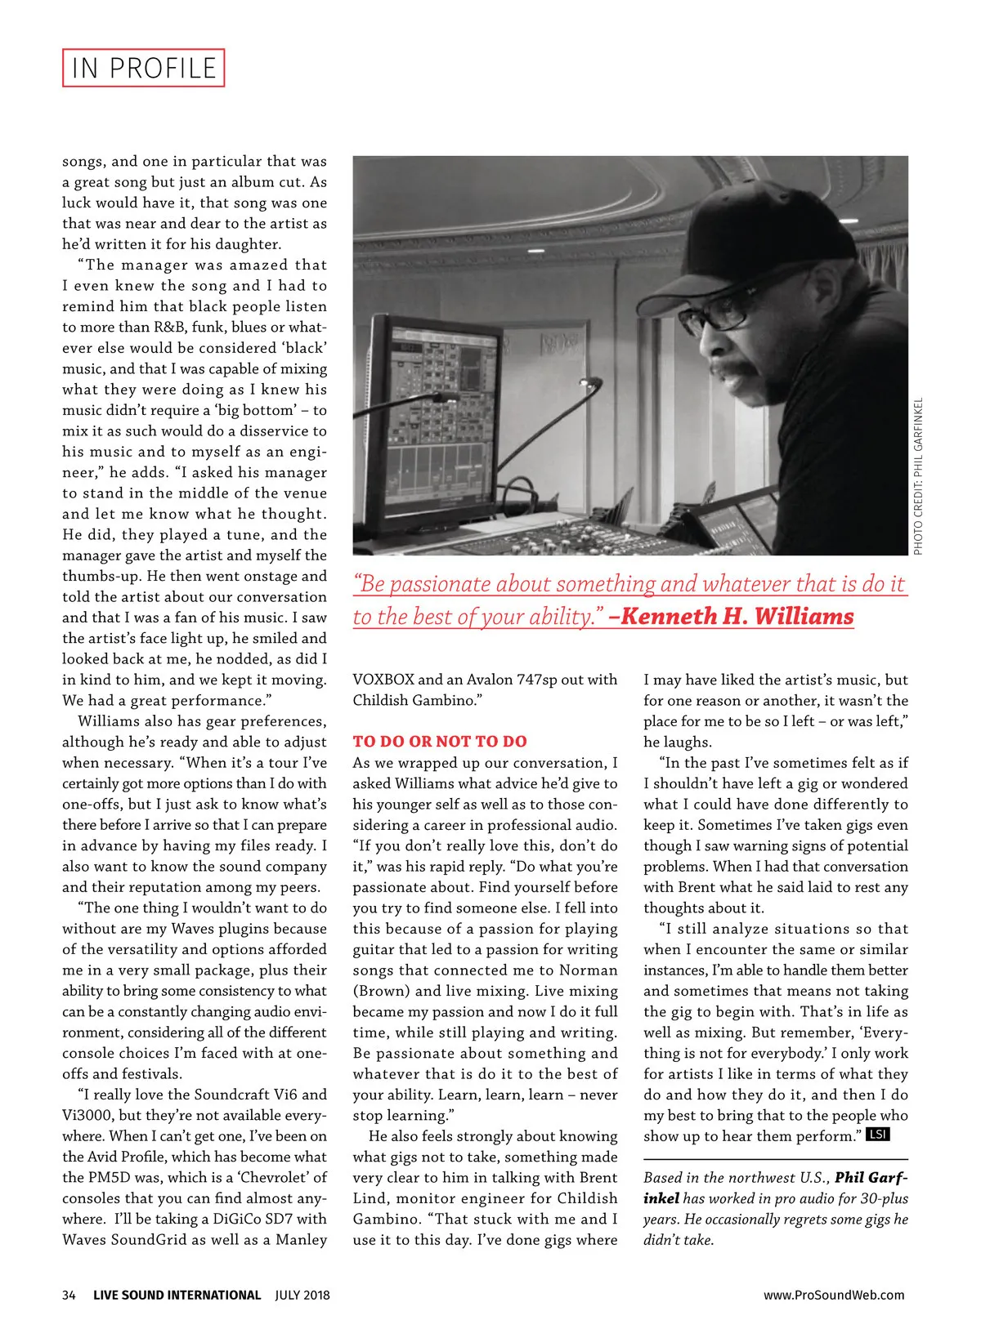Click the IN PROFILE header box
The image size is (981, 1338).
tap(143, 68)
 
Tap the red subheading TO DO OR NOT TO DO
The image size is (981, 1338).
tap(440, 742)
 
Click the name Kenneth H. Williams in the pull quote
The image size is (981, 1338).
tap(737, 616)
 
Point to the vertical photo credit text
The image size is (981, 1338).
tap(918, 476)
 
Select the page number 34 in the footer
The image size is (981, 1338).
tap(69, 1295)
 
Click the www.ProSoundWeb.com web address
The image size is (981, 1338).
tap(834, 1295)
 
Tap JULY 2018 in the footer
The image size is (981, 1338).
tap(302, 1295)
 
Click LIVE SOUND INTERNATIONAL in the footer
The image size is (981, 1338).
tap(177, 1295)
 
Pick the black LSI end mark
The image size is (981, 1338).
tap(878, 1135)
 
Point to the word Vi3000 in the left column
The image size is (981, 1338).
tap(86, 1115)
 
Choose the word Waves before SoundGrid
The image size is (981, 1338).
tap(87, 1239)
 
